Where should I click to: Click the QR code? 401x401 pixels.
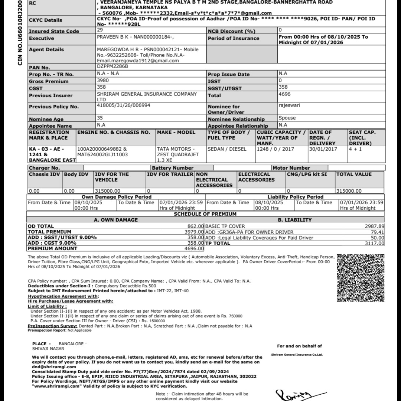click(360, 277)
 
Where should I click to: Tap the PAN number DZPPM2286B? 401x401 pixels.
click(112, 66)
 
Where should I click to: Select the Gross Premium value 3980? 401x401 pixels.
click(103, 80)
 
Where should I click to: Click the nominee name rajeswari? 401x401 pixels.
click(289, 105)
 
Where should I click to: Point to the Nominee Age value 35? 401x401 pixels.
click(100, 118)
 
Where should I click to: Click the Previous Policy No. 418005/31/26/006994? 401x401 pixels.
click(123, 105)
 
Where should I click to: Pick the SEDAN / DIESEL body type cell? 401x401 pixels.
click(226, 149)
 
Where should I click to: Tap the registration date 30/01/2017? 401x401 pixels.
click(323, 149)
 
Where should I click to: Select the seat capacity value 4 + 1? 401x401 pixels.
click(355, 149)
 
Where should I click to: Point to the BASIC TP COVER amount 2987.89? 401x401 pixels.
click(375, 226)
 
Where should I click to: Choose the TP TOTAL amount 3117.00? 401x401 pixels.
click(375, 244)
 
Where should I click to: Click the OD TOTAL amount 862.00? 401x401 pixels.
click(196, 226)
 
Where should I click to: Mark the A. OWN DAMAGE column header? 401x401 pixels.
click(115, 220)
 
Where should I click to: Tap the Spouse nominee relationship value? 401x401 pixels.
click(287, 118)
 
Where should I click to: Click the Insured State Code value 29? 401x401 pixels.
click(100, 30)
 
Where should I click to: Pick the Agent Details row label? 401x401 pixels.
click(46, 49)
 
